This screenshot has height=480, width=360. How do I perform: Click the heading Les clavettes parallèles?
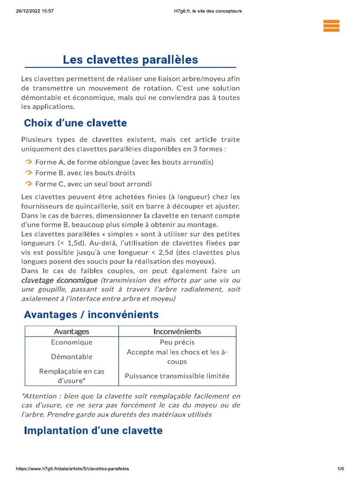[130, 60]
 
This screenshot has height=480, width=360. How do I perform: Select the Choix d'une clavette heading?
[75, 123]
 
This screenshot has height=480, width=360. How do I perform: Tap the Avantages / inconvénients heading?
[91, 315]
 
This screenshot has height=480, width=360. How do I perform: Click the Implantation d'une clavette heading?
[93, 430]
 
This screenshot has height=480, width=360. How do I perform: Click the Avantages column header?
[71, 331]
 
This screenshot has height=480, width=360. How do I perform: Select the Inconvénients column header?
[177, 331]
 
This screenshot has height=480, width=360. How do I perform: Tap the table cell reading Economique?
[72, 342]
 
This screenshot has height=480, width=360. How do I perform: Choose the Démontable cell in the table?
[72, 357]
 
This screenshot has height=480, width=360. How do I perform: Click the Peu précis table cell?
[177, 342]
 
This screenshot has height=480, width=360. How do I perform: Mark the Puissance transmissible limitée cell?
[177, 376]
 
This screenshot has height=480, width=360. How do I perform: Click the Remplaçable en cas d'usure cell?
[72, 376]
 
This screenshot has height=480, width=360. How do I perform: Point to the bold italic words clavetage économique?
[52, 280]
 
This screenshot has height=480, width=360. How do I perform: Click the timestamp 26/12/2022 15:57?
[34, 11]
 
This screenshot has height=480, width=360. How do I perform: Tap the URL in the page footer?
[73, 468]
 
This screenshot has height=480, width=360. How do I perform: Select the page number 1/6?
[341, 468]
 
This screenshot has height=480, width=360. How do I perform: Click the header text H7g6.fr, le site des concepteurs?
[207, 11]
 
